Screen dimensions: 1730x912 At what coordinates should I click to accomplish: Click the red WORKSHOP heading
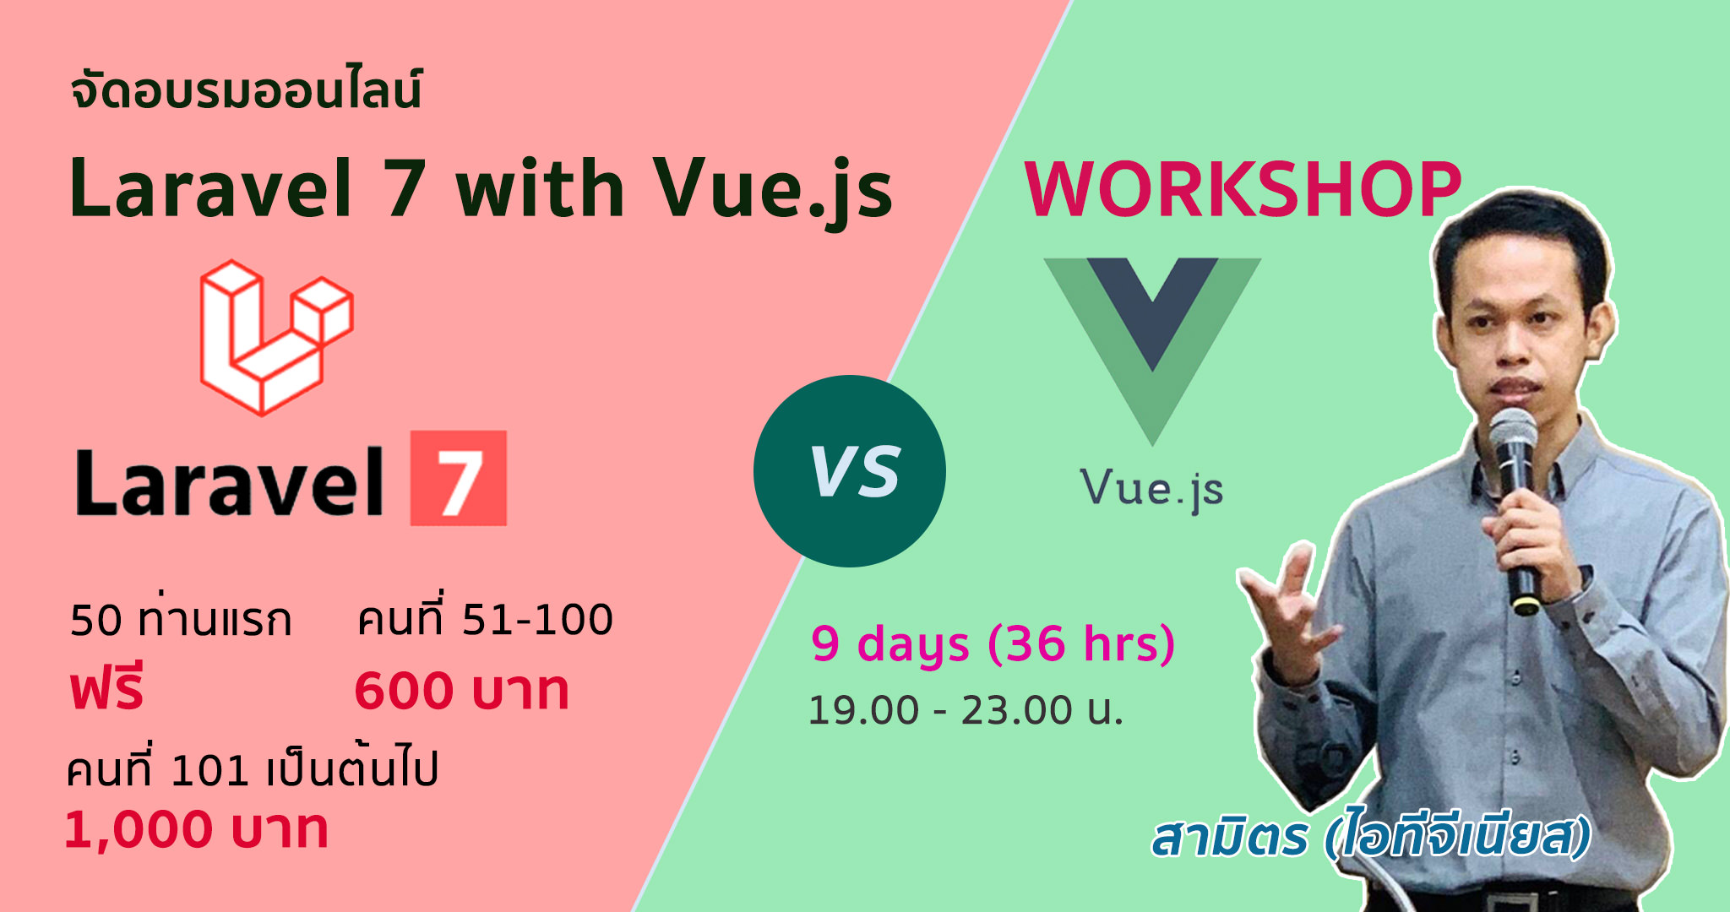(x=1242, y=189)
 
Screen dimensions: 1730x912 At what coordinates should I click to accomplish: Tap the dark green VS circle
(x=850, y=471)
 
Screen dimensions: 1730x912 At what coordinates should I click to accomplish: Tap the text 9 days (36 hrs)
(x=993, y=644)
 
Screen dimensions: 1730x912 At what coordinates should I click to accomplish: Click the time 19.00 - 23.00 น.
(x=966, y=710)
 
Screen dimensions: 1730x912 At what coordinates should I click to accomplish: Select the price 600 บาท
(x=461, y=691)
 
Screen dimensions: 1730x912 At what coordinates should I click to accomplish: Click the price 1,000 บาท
(x=196, y=829)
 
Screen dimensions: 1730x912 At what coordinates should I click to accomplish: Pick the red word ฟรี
(x=107, y=687)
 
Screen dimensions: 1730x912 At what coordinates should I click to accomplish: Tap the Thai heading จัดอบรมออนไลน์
(x=246, y=90)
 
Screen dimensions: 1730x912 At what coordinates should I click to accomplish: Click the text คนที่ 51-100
(x=485, y=618)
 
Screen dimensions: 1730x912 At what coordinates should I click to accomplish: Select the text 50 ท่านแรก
(x=181, y=619)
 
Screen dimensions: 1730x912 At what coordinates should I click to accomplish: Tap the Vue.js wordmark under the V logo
(x=1152, y=490)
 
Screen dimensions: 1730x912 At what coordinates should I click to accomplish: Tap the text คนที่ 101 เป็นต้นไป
(x=252, y=768)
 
